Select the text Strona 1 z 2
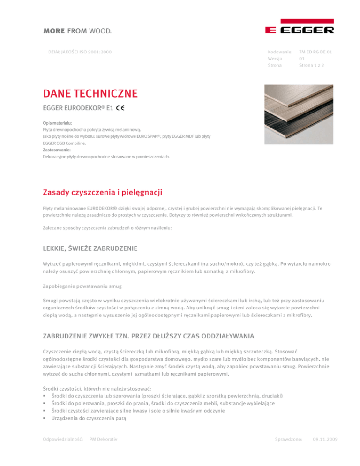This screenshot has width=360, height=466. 312,66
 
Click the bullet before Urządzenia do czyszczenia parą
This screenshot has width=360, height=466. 44,418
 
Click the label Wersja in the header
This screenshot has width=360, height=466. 275,58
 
